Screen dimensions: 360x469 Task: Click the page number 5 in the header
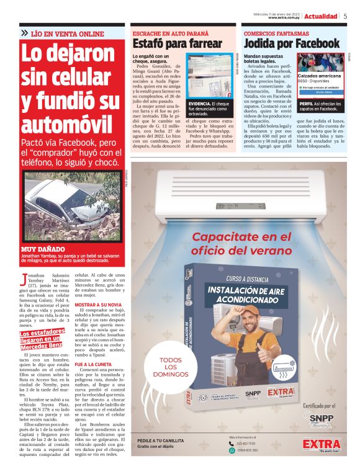(345, 16)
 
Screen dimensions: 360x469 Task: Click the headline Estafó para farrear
(178, 43)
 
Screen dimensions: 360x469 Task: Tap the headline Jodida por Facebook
(291, 43)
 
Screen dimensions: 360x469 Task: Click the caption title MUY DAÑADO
(38, 248)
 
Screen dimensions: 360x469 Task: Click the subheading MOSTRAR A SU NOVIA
(98, 305)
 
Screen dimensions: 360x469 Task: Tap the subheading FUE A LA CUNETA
(94, 364)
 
